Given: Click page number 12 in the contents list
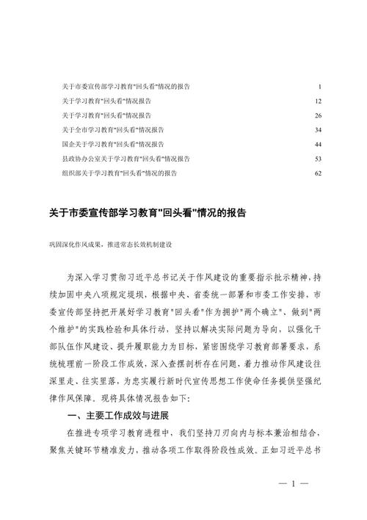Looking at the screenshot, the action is (x=318, y=101).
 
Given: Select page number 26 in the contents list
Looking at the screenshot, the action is (x=318, y=115).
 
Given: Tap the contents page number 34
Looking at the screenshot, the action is (x=318, y=130).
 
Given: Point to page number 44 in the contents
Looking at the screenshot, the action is (x=318, y=144).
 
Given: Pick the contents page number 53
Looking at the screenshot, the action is (x=318, y=159).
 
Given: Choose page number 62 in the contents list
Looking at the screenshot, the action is (x=318, y=173).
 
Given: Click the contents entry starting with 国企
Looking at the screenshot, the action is (x=113, y=144).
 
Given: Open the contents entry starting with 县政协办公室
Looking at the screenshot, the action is (x=126, y=159).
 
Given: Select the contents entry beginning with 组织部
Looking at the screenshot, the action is (x=120, y=173).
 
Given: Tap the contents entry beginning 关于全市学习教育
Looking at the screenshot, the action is (x=113, y=130).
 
